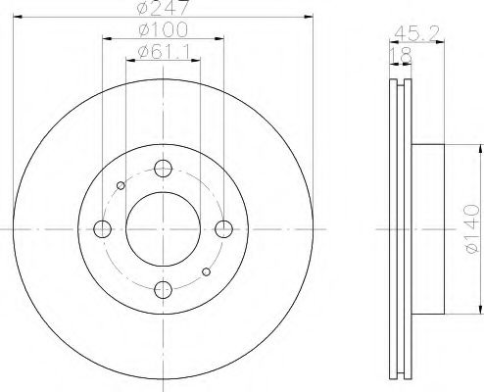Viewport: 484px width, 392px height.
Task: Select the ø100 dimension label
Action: pos(164,29)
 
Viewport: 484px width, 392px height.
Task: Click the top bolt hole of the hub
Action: pos(164,168)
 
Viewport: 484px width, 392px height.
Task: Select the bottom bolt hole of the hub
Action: pos(164,290)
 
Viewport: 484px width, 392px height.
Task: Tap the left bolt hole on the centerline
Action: pos(102,229)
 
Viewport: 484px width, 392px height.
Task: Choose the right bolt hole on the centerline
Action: pos(224,229)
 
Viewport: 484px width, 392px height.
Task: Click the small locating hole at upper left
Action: pos(121,185)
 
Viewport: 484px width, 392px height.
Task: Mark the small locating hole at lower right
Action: pos(206,272)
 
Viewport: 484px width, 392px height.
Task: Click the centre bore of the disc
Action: pos(164,229)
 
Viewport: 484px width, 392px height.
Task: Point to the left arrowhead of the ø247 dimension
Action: pos(15,17)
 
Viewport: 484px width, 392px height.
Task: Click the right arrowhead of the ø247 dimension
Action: pos(312,17)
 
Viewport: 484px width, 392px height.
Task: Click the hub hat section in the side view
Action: pos(429,229)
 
